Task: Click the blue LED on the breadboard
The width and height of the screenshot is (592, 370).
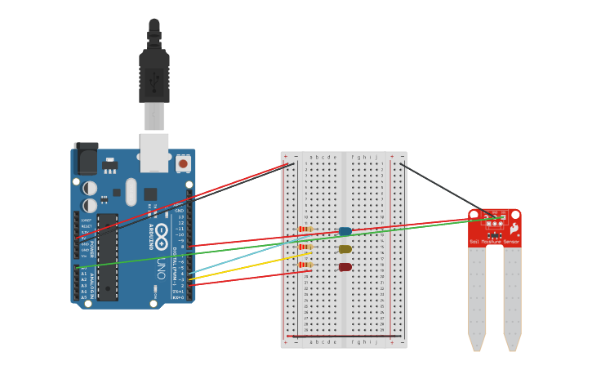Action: [345, 231]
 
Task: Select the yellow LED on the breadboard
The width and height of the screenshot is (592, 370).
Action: [345, 249]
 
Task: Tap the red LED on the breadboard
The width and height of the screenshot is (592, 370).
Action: [345, 267]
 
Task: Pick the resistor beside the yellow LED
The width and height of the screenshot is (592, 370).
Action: [306, 247]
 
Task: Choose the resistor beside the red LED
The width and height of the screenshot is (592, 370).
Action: [306, 265]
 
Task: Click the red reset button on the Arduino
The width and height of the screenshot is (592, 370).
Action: [183, 163]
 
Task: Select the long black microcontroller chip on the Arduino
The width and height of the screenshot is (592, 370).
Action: [107, 257]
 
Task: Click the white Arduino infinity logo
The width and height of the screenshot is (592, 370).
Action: [162, 233]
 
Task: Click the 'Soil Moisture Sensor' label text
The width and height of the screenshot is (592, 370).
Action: [494, 242]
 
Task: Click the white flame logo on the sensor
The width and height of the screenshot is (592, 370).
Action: [514, 229]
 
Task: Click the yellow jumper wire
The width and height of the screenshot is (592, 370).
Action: [245, 266]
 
